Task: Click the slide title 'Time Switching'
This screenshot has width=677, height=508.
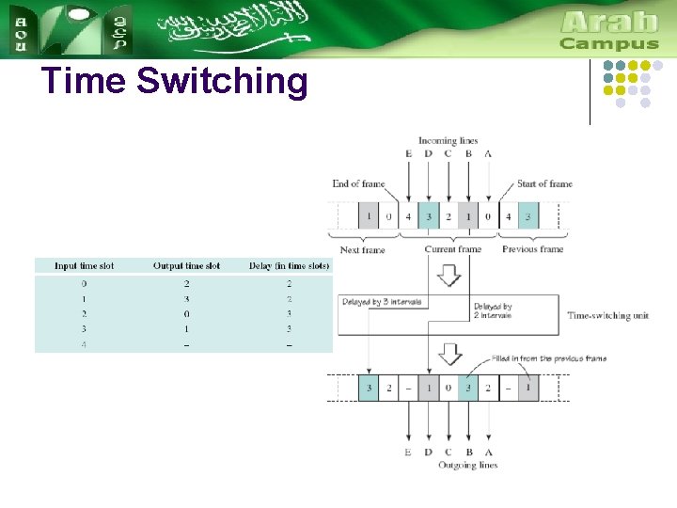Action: pos(175,82)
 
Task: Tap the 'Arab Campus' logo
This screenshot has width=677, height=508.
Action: pos(608,30)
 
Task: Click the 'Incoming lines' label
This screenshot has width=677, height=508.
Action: pos(448,141)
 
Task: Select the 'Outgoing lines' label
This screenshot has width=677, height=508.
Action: pos(467,465)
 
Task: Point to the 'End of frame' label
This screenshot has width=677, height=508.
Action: pos(358,183)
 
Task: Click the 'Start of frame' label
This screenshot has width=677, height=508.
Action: pos(544,183)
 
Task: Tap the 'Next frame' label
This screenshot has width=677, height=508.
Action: pos(362,249)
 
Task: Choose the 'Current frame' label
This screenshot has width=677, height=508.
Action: pos(452,249)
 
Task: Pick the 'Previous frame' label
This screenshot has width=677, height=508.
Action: pos(532,249)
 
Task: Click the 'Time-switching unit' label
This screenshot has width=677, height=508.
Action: pos(607,316)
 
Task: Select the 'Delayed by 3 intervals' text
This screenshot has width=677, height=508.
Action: pos(382,302)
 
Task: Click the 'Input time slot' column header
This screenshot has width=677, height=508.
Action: pos(84,266)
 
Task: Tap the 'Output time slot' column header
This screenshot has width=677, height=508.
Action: pos(186,266)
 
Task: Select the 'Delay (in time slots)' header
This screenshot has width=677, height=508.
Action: pos(290,266)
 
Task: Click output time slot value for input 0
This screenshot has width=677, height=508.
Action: pos(186,283)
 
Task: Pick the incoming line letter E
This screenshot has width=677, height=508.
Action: pos(408,153)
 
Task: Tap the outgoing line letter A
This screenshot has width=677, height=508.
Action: pos(487,452)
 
